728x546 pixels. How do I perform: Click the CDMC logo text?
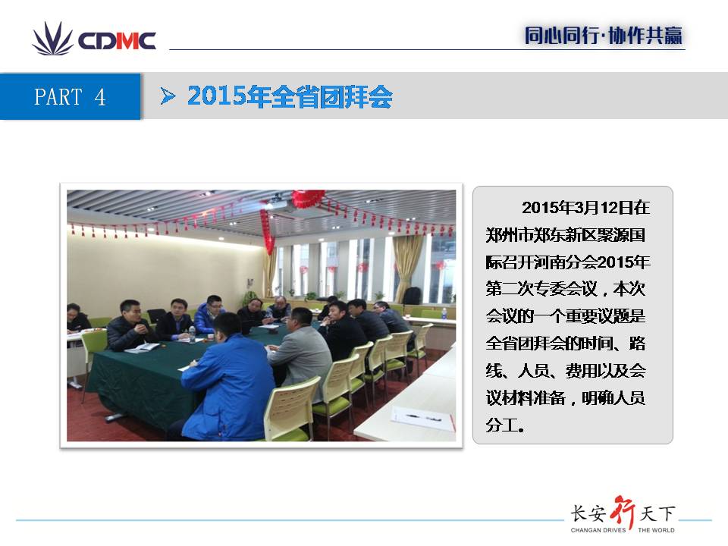click(117, 41)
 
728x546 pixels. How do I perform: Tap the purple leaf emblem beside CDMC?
click(52, 39)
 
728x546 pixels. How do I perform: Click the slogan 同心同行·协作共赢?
click(604, 36)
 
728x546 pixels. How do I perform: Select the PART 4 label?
click(70, 97)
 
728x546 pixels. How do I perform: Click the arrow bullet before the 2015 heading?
click(168, 96)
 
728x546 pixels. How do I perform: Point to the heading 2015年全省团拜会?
click(290, 96)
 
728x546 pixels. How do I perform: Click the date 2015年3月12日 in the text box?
click(570, 208)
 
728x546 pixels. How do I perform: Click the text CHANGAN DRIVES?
click(598, 530)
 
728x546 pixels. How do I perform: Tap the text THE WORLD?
click(656, 530)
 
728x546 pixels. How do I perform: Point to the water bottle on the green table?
click(192, 334)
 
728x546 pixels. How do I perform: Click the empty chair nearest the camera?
click(293, 410)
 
